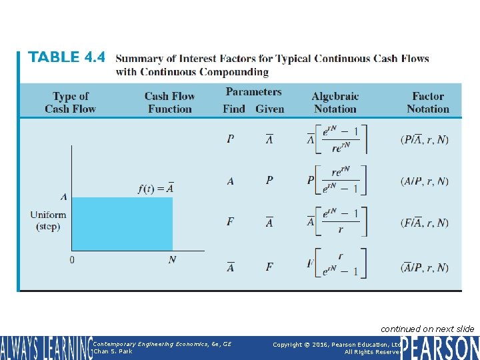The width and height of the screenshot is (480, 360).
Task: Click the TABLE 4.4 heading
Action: [67, 58]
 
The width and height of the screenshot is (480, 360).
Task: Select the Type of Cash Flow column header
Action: [71, 103]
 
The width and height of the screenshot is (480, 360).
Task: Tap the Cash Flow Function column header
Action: [169, 103]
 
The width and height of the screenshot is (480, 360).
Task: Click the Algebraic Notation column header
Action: [335, 103]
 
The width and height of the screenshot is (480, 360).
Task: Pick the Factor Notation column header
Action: [427, 103]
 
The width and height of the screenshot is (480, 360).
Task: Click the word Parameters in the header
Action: [253, 92]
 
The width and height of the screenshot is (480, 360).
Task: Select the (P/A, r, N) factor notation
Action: [425, 140]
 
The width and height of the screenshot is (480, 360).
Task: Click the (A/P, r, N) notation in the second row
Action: [425, 181]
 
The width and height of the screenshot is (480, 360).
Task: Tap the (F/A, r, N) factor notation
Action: [425, 223]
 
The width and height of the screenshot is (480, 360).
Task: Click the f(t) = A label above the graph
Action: [155, 188]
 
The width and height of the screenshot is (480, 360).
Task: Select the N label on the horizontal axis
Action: [172, 259]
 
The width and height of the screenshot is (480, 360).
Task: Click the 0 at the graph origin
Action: [71, 259]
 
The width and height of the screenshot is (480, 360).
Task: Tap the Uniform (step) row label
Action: [48, 221]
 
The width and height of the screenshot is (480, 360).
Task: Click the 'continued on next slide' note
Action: [427, 329]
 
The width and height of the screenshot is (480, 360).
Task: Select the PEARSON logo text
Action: [440, 348]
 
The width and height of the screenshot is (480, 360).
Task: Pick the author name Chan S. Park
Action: [114, 351]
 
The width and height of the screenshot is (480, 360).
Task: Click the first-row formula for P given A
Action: [337, 140]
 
